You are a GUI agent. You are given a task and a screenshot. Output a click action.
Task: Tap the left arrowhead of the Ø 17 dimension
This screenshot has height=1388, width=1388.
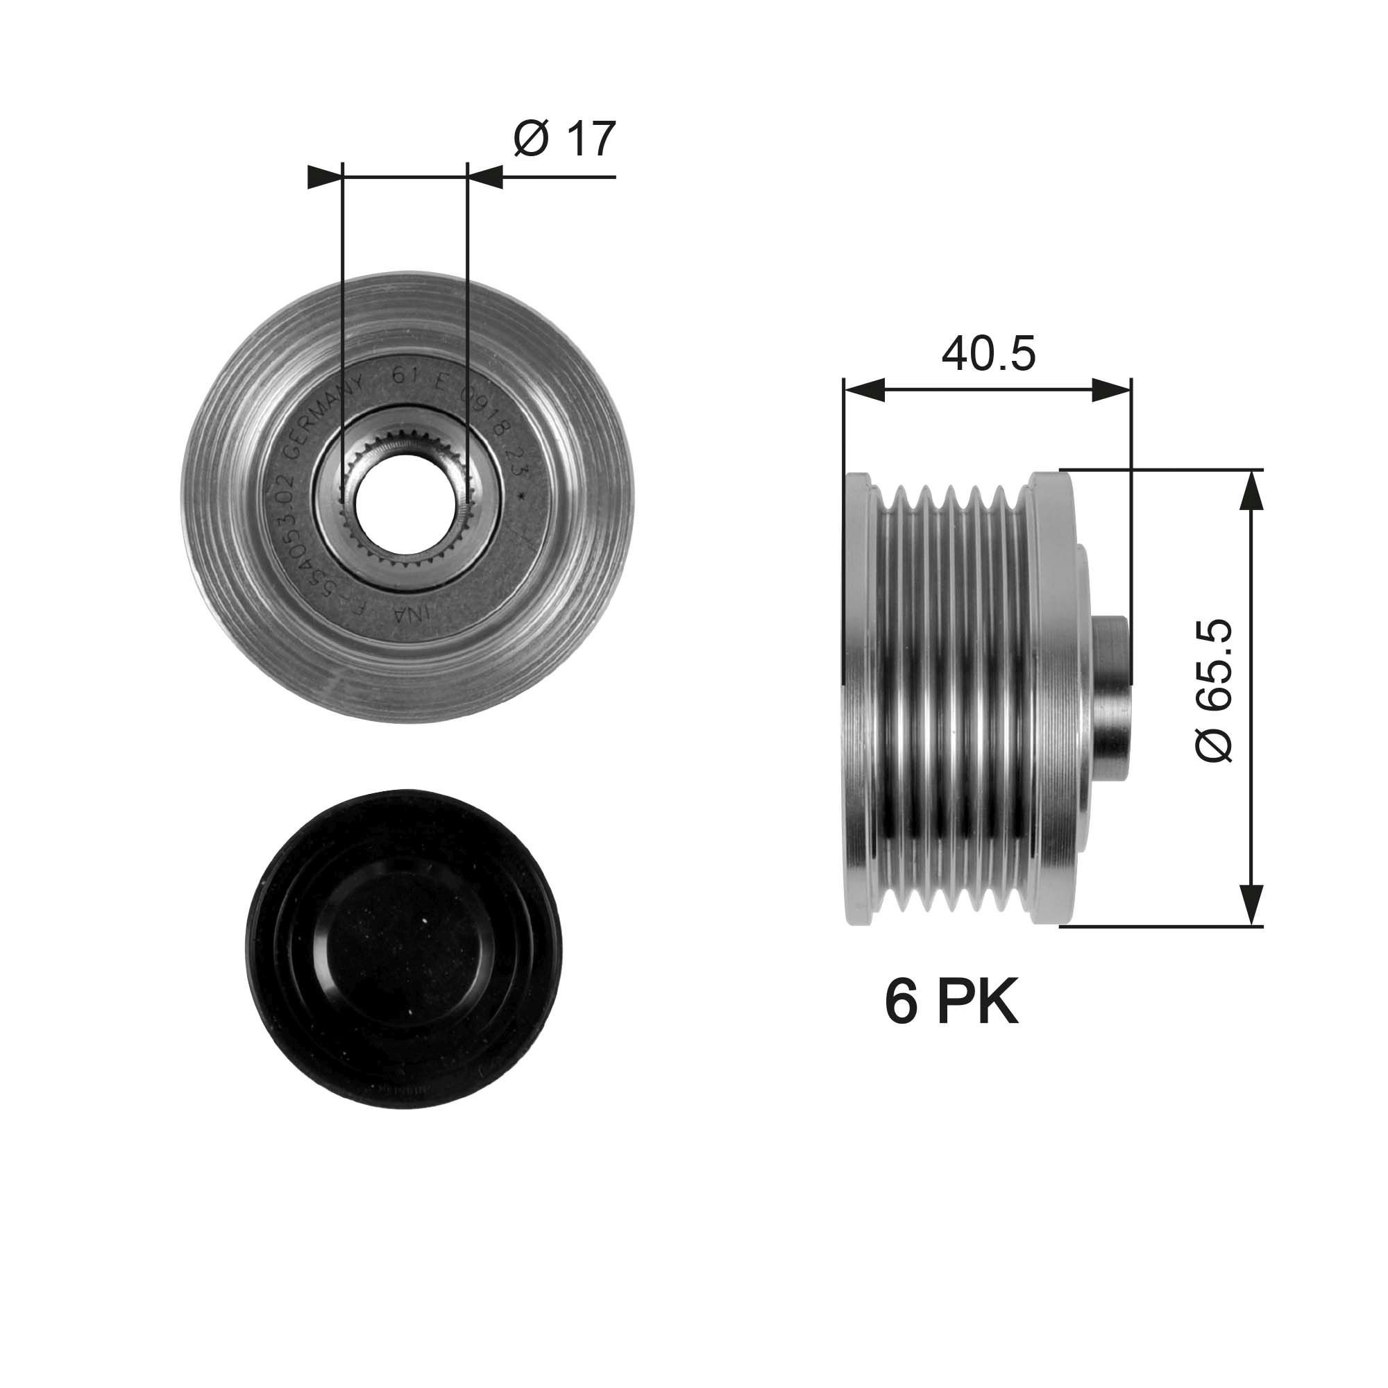[323, 177]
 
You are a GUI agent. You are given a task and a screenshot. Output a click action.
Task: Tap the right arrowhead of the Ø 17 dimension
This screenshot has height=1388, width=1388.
[486, 177]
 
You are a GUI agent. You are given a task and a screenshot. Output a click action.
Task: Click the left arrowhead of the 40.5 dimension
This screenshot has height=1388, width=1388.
[862, 391]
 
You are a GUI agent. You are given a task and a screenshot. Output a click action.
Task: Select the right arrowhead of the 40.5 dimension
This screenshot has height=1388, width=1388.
[1112, 391]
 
